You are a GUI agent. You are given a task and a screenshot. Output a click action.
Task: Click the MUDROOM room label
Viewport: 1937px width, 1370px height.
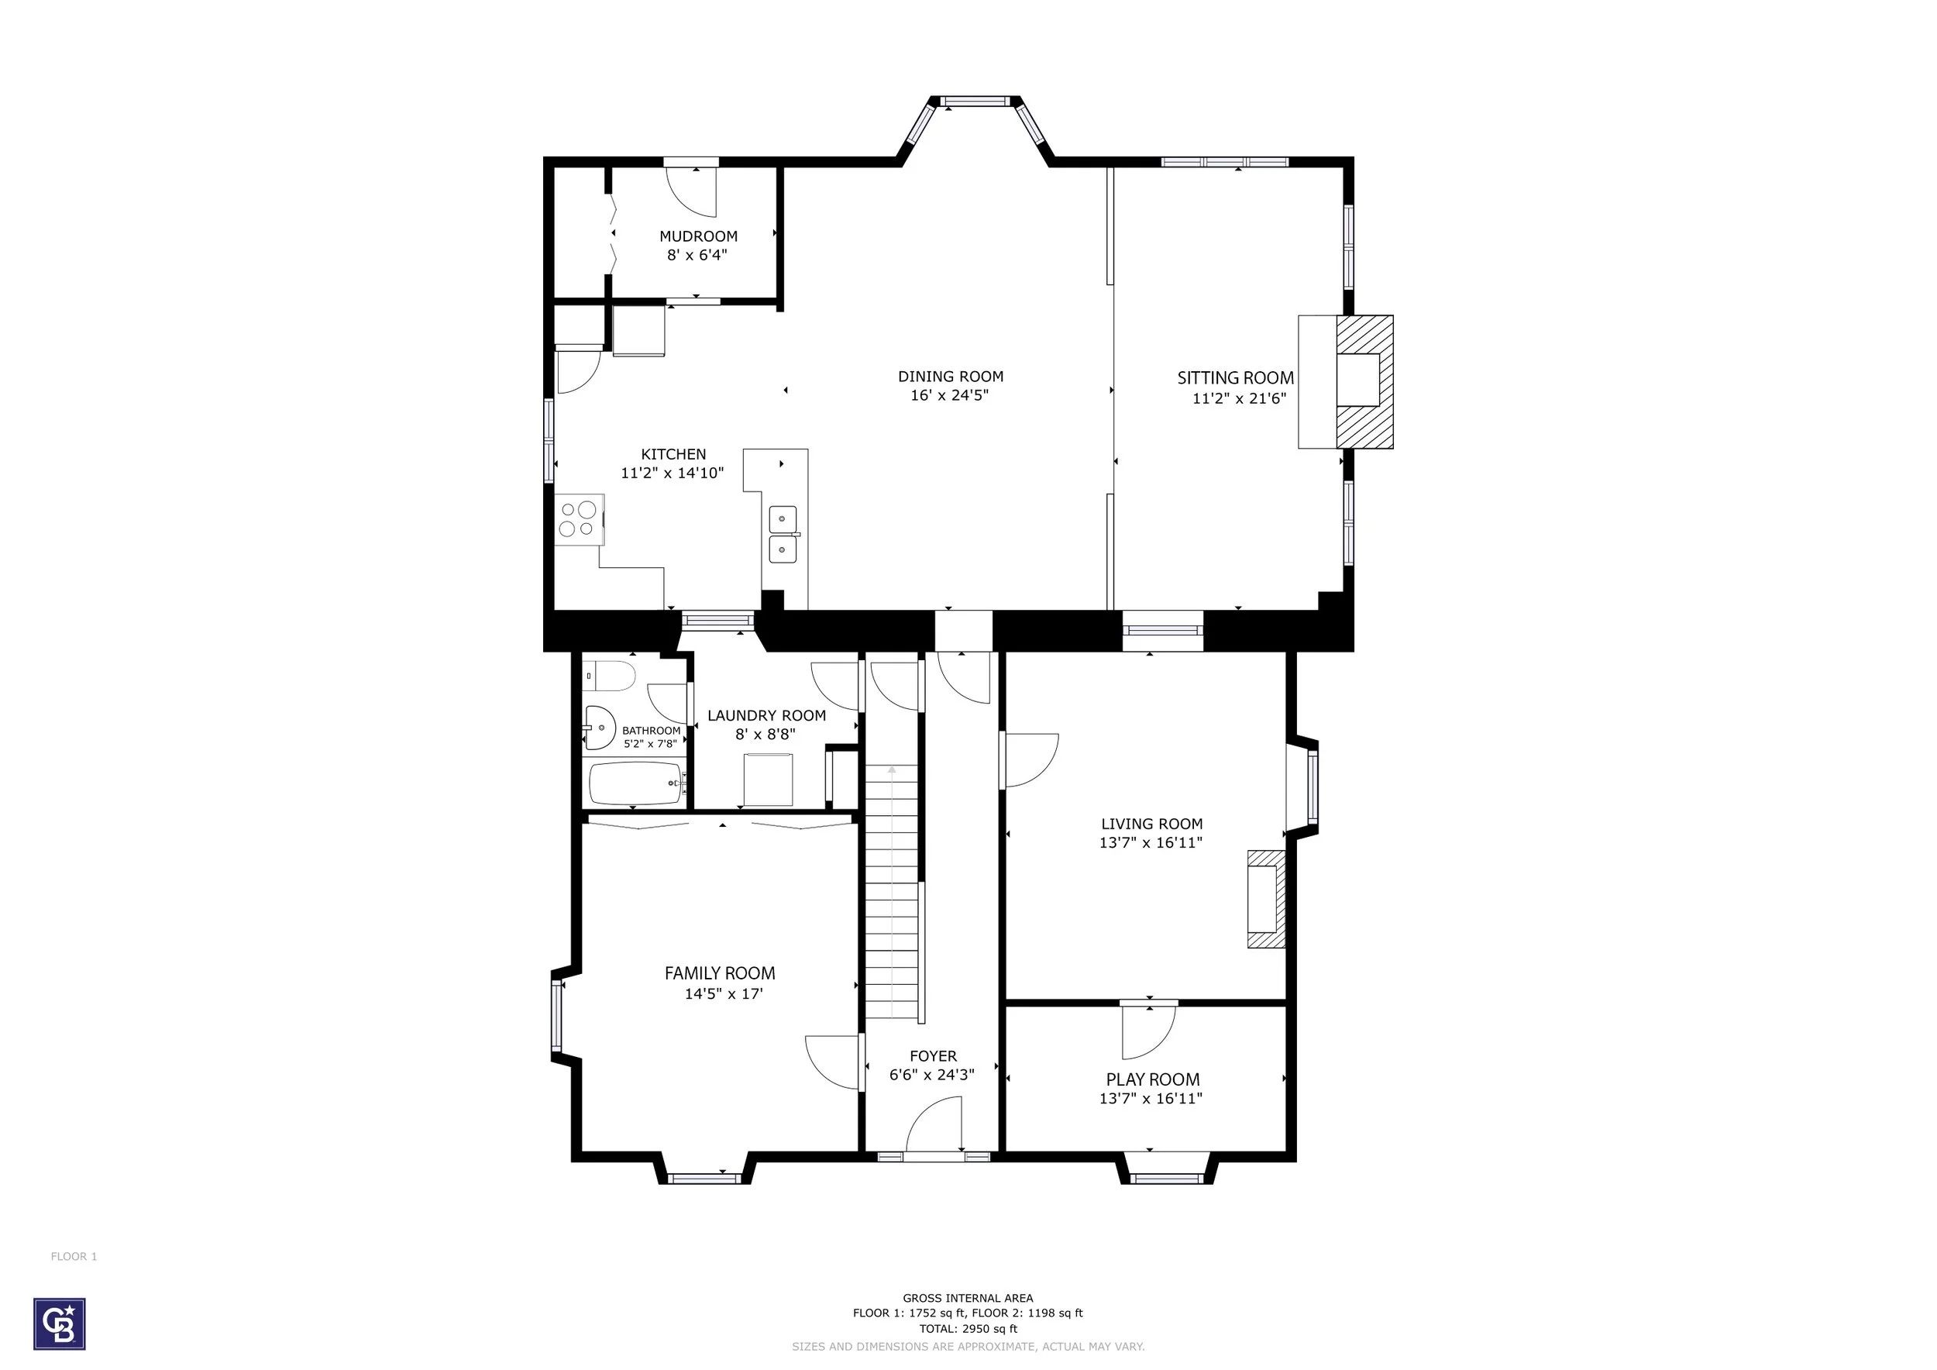coord(699,236)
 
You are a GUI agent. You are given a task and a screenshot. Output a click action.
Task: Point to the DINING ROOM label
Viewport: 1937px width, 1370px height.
coord(951,377)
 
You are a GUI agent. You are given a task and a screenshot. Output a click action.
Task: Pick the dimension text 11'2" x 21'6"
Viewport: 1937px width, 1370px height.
coord(1238,399)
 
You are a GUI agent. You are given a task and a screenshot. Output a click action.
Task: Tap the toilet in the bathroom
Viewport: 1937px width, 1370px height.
coord(608,676)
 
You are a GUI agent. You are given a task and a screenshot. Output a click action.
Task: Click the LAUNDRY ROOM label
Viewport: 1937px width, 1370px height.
coord(767,715)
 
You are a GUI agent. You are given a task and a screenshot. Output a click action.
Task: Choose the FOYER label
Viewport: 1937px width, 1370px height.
coord(933,1056)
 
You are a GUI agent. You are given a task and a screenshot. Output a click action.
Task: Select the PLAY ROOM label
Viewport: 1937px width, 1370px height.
coord(1152,1079)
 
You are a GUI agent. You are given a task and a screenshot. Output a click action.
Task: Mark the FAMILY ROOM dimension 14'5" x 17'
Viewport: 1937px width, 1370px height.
coord(724,993)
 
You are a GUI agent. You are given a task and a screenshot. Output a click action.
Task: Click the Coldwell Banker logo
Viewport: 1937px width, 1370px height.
coord(59,1323)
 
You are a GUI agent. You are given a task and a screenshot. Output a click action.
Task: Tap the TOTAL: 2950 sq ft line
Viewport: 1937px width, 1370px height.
coord(968,1329)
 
